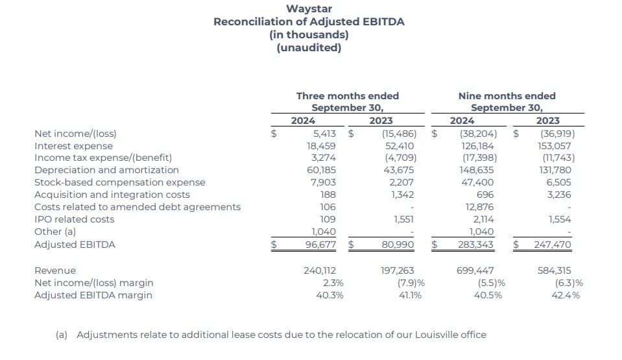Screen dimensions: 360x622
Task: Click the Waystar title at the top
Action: coord(309,9)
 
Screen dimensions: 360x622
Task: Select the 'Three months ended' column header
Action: coord(347,96)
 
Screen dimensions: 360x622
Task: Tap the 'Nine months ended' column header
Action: coord(507,96)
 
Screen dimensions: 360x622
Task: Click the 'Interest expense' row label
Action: coord(73,146)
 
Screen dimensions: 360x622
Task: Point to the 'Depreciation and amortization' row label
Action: coord(106,170)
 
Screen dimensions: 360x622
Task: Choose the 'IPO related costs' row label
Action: coord(74,219)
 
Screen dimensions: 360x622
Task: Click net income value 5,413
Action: coord(323,134)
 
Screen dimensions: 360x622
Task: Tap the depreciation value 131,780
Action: coord(556,170)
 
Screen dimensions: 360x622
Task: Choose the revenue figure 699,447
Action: coord(475,270)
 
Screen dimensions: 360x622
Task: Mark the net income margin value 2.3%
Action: coord(331,283)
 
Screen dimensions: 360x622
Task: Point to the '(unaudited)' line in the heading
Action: coord(309,47)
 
